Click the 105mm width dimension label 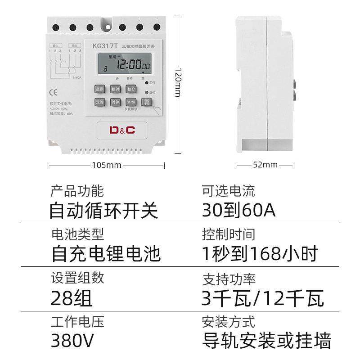[x=107, y=165]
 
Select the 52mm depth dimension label [x=265, y=165]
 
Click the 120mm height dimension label [x=178, y=85]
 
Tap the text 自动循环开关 [x=103, y=210]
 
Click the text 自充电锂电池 [x=106, y=254]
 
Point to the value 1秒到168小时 [x=260, y=254]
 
